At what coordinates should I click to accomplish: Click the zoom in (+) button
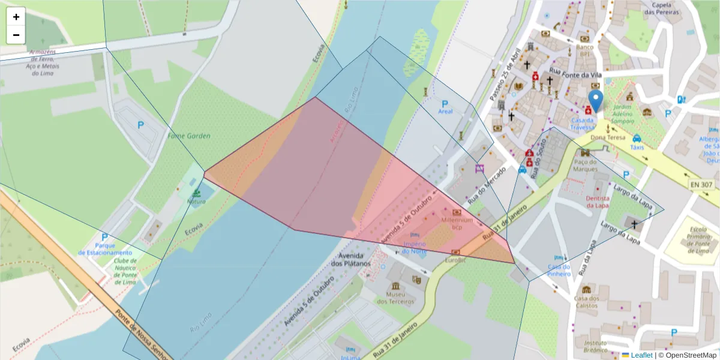pos(16,17)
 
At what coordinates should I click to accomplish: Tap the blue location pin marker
pos(595,101)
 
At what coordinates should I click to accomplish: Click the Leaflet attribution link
pos(641,355)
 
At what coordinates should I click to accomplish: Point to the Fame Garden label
pos(189,136)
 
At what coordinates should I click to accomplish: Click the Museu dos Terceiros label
pos(395,298)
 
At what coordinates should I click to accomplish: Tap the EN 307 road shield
pos(701,185)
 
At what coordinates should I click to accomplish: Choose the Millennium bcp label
pos(457,224)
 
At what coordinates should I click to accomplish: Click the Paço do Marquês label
pos(586,165)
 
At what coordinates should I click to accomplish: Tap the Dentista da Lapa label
pos(598,202)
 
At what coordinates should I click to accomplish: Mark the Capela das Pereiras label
pos(661,8)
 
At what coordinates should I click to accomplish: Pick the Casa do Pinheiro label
pos(559,270)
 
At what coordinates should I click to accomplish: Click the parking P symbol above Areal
pos(445,103)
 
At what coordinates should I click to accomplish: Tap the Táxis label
pos(637,147)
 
